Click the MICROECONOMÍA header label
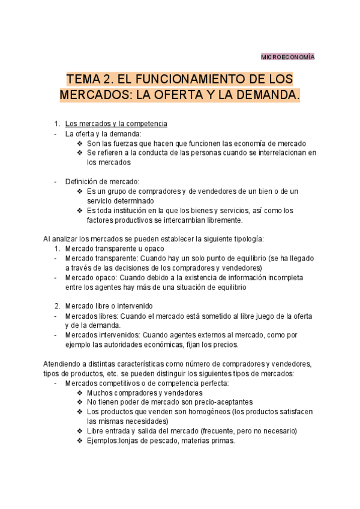pos(287,56)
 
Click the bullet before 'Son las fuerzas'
pos(80,143)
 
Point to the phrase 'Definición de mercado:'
pos(102,182)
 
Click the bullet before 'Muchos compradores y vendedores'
pos(80,393)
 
